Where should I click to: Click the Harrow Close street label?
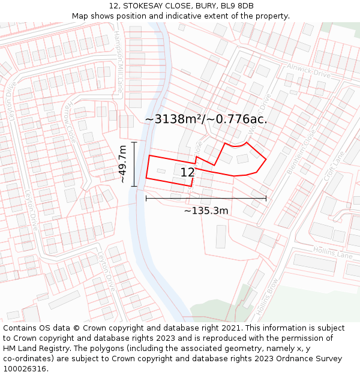coord(71,122)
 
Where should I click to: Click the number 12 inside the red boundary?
coord(187,173)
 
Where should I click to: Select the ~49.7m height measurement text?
coord(122,164)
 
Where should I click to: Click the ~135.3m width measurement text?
coord(206,211)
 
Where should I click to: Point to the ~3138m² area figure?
coord(173,119)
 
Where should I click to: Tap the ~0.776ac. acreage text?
coord(238,119)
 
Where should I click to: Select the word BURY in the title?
coord(201,5)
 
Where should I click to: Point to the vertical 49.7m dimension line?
coord(134,164)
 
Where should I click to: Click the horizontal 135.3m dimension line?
coord(206,198)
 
